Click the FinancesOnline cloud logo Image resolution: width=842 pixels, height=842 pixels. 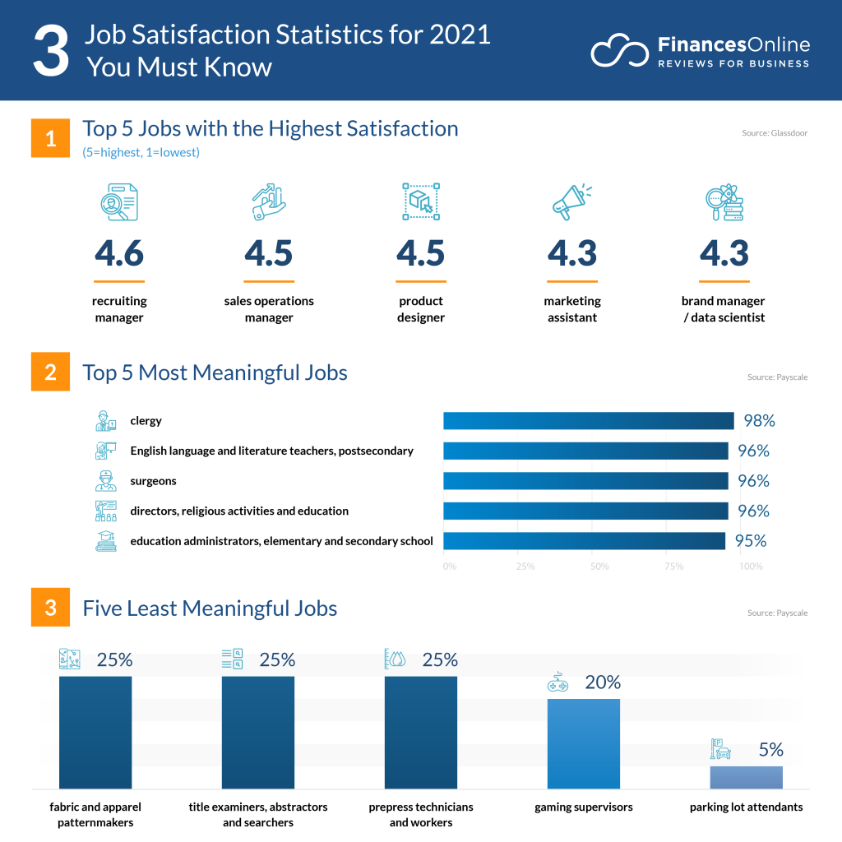(620, 51)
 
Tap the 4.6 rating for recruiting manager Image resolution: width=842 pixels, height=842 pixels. (119, 253)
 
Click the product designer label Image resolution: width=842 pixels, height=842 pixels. (420, 309)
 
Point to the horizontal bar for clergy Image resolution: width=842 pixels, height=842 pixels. (588, 421)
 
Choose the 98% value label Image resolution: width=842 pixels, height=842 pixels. (758, 421)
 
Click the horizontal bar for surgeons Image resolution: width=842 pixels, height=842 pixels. (585, 481)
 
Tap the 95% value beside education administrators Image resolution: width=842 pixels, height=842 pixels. (749, 541)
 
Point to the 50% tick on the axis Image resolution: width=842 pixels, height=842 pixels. (599, 567)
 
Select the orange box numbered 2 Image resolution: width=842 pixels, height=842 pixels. (50, 372)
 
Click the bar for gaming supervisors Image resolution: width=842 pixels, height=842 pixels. (583, 743)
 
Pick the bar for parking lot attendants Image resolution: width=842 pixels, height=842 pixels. (746, 777)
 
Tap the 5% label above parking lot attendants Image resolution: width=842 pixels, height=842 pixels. (770, 750)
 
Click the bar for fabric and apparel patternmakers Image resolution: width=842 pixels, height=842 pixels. (95, 732)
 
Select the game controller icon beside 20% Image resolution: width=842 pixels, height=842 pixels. (557, 683)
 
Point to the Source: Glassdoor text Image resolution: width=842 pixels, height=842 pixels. (773, 132)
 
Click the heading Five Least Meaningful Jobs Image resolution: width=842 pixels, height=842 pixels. (210, 608)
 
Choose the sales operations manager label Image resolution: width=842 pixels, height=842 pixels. (269, 309)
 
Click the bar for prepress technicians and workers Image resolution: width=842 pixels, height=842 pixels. (420, 732)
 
